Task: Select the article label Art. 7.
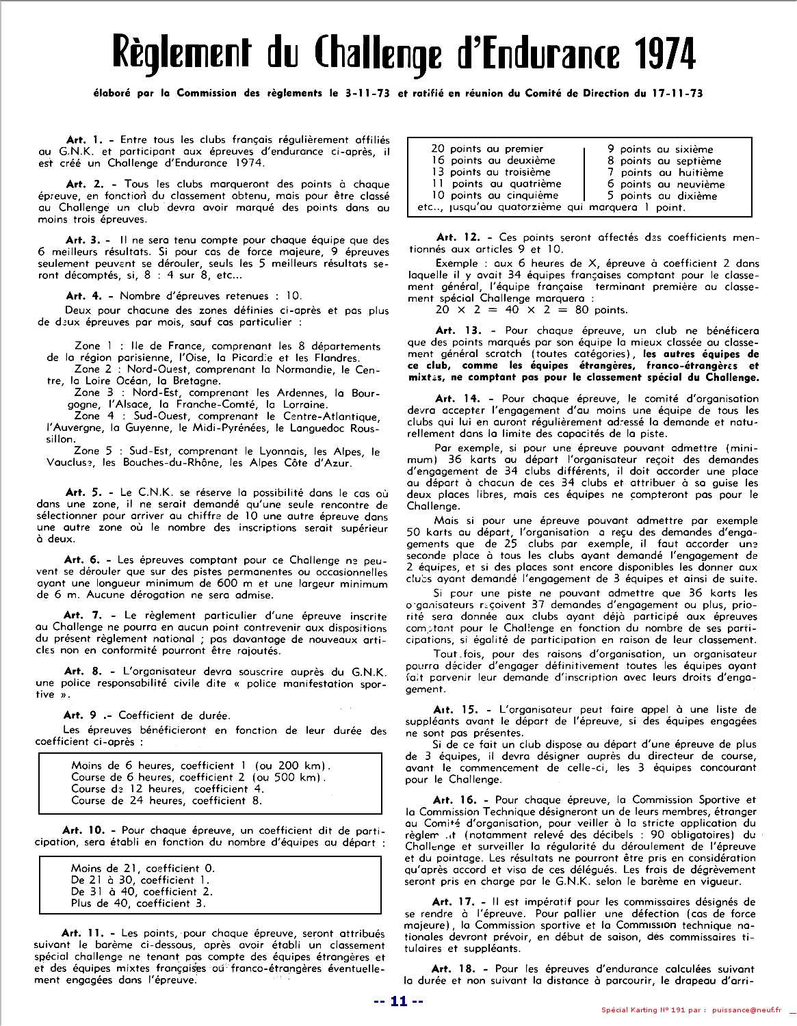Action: (81, 616)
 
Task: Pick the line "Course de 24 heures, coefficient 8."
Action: (166, 800)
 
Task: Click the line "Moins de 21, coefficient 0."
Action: (142, 869)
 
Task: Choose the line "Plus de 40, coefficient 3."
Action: (138, 904)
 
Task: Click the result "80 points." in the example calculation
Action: (581, 310)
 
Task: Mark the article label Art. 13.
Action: (454, 331)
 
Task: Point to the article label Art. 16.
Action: (454, 800)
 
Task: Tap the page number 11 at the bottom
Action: (398, 1003)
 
